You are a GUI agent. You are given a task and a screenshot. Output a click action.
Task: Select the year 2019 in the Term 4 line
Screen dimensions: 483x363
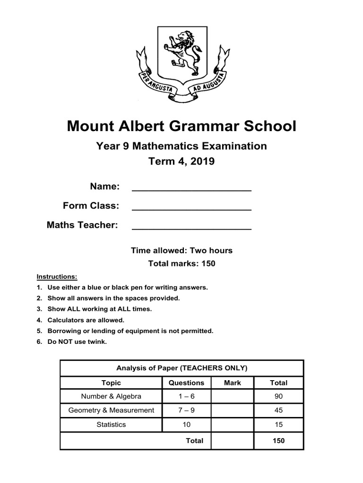(202, 161)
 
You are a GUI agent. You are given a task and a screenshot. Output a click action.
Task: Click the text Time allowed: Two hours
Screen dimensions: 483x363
(181, 250)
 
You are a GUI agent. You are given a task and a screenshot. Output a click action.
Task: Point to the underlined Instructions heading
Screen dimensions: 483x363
(57, 276)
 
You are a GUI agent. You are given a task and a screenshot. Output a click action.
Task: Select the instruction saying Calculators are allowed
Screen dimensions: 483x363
(86, 320)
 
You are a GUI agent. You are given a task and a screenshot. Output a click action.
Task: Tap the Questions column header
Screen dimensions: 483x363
(186, 383)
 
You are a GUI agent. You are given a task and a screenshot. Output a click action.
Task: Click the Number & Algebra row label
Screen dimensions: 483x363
(111, 396)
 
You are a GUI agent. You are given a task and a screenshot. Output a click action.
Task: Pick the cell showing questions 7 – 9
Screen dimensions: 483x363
(186, 410)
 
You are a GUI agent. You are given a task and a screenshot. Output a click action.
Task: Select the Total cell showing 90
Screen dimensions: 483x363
(278, 396)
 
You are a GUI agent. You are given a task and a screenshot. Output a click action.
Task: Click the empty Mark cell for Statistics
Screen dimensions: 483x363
(232, 425)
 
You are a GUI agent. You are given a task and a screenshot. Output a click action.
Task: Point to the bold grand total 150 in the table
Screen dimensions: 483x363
(278, 441)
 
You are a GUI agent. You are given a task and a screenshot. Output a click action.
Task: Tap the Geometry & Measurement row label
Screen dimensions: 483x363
(111, 410)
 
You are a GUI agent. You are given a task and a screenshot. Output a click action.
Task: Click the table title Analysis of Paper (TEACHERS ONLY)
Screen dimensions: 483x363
(181, 368)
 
